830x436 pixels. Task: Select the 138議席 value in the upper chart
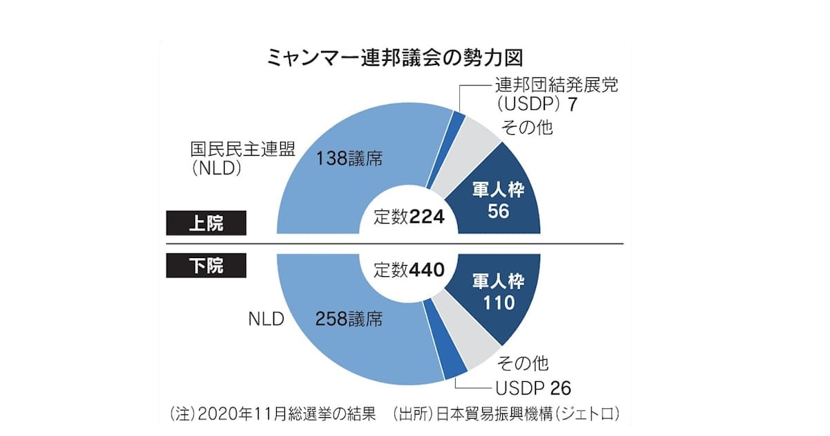click(349, 158)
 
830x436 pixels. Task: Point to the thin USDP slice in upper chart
click(458, 118)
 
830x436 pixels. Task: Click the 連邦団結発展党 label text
click(555, 86)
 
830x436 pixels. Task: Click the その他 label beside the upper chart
click(526, 127)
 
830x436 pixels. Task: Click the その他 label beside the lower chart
click(524, 363)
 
